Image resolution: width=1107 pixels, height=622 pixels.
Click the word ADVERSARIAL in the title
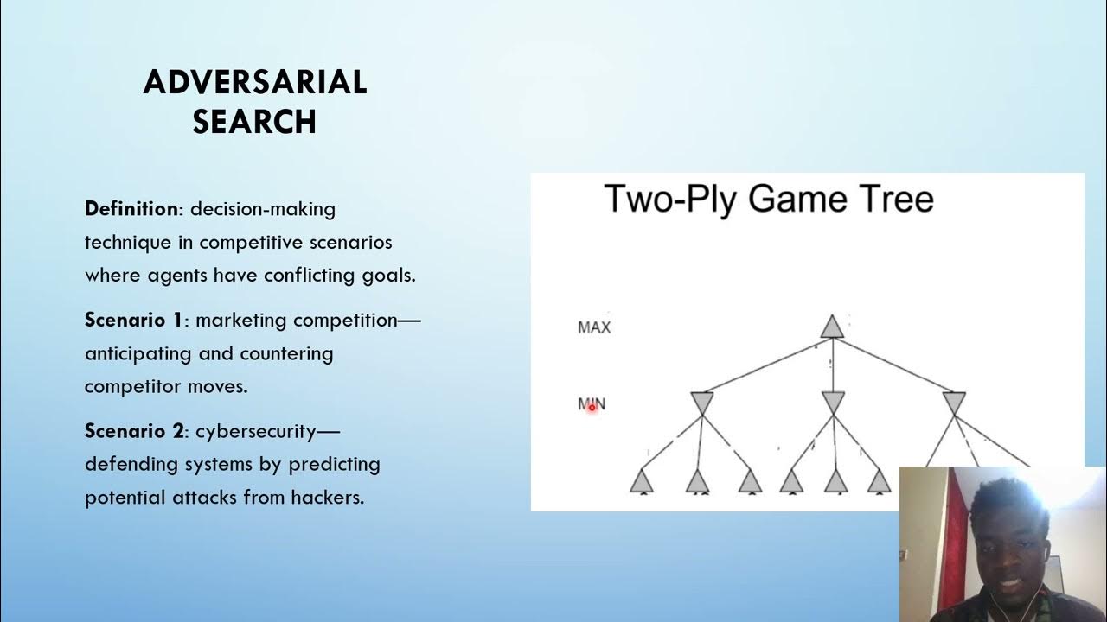(255, 82)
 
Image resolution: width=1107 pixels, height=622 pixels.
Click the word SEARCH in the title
(255, 122)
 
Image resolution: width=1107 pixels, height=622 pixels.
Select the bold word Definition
(131, 209)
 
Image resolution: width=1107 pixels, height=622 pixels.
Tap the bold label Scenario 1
(133, 321)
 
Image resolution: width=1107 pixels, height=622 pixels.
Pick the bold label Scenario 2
(134, 431)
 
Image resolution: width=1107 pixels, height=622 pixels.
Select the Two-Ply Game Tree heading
(769, 199)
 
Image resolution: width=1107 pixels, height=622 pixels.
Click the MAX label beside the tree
(594, 327)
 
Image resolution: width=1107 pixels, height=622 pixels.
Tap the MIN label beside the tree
(592, 403)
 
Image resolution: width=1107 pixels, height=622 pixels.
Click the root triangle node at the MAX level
(831, 327)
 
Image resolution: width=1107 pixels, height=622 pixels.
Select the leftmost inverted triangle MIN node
(701, 403)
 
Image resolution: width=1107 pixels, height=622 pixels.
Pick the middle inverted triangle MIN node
(833, 403)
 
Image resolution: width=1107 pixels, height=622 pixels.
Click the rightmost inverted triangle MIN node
(954, 403)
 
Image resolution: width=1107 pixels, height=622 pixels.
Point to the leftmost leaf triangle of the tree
(641, 480)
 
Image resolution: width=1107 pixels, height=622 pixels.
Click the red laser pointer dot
(592, 407)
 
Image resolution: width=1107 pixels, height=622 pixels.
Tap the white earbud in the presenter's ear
(1045, 550)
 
